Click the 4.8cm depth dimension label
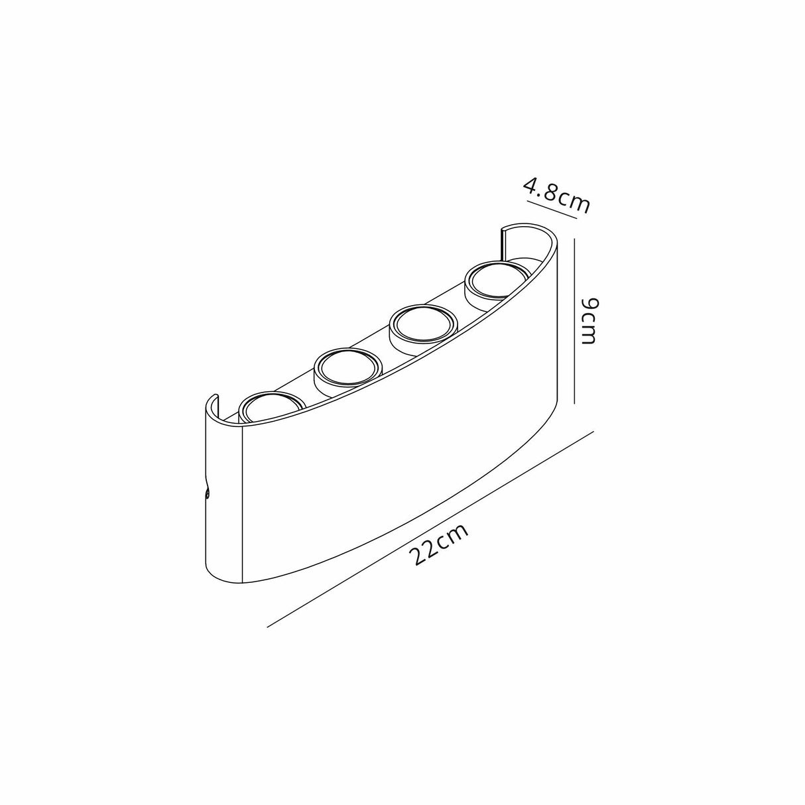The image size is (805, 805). pyautogui.click(x=556, y=194)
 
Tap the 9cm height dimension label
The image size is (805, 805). pyautogui.click(x=589, y=321)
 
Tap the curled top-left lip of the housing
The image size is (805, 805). pyautogui.click(x=211, y=402)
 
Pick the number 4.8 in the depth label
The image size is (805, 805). pyautogui.click(x=541, y=189)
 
